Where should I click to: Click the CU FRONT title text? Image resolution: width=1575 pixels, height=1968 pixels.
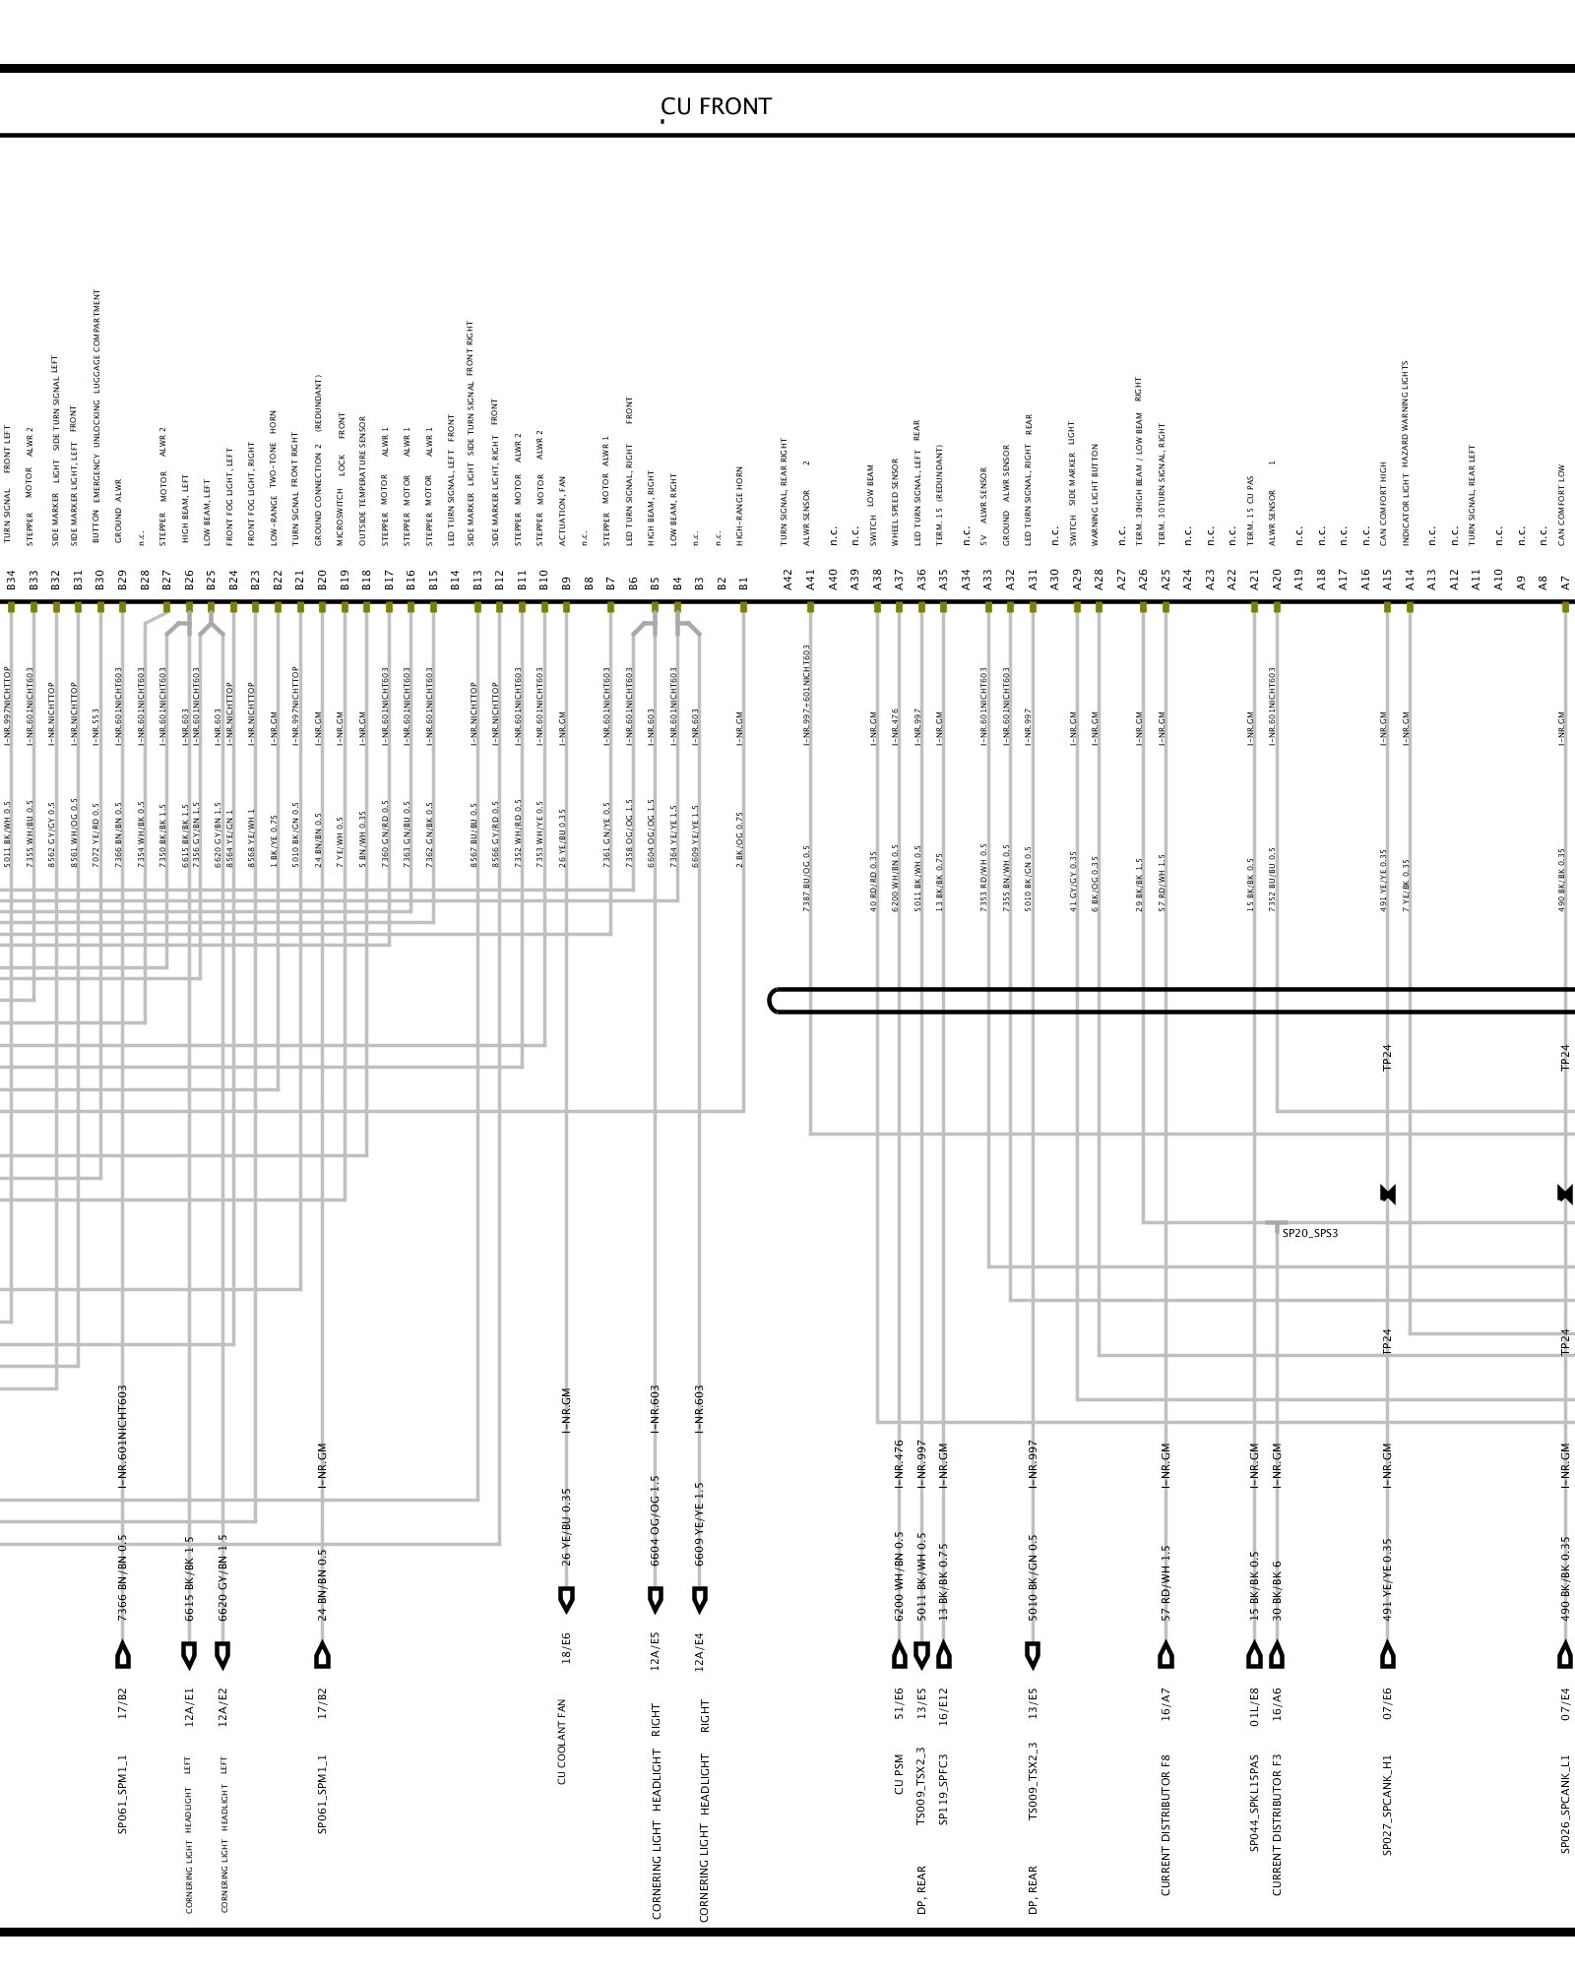[x=716, y=107]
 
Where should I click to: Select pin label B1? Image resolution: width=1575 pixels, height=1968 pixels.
[x=744, y=583]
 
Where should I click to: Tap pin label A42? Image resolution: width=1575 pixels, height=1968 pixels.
[x=788, y=581]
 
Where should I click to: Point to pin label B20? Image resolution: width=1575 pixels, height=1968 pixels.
[x=322, y=581]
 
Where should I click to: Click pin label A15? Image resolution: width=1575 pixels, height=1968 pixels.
[x=1388, y=581]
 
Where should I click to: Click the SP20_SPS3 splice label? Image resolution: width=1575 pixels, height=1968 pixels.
[x=1309, y=1233]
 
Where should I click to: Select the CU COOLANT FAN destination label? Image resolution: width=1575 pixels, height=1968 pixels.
[x=562, y=1742]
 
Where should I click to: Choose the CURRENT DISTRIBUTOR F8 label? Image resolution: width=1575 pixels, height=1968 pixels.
[x=1165, y=1824]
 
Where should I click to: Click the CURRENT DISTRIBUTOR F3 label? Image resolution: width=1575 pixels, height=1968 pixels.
[x=1277, y=1824]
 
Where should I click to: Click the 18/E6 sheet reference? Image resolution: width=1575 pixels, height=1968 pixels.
[x=566, y=1647]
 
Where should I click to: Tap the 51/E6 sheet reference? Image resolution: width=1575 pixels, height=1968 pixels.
[x=899, y=1701]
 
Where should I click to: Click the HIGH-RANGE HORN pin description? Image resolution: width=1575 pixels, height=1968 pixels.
[x=740, y=506]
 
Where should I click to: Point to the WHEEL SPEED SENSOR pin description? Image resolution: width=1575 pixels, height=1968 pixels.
[x=896, y=502]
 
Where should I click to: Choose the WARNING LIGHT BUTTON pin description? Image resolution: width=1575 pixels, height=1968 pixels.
[x=1096, y=494]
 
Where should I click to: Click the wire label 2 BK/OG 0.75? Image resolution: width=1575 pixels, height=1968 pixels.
[x=740, y=839]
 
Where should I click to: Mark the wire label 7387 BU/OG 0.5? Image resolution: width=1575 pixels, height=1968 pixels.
[x=807, y=878]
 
